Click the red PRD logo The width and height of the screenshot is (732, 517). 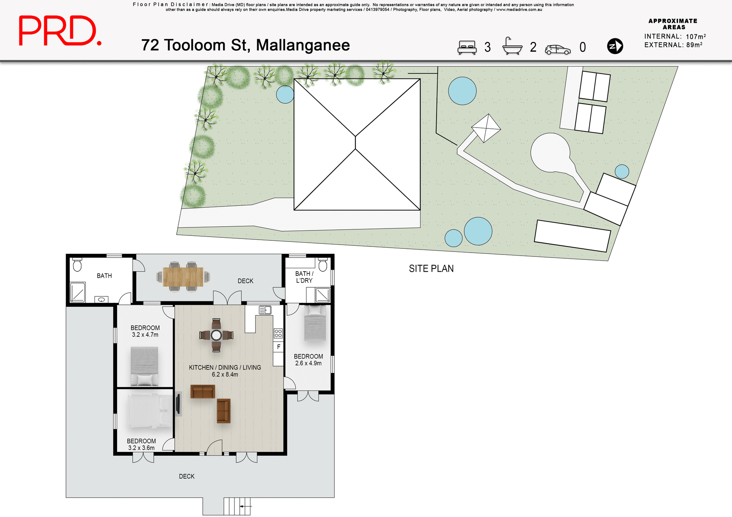60,31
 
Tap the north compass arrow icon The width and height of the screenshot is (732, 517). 615,46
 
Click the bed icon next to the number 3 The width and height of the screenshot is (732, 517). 467,47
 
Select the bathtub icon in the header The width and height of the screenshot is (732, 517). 512,46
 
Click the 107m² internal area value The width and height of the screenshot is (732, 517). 695,37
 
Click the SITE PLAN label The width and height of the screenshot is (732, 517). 431,269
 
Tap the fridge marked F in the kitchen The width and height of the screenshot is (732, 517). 278,347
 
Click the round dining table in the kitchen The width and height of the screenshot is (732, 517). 216,335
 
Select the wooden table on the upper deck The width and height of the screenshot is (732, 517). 183,277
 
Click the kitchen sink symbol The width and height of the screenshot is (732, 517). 265,310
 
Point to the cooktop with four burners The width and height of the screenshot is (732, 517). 278,333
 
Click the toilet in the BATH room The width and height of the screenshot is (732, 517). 77,265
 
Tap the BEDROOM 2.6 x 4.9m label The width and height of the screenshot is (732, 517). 308,360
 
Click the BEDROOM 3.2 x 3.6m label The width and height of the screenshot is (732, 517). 141,444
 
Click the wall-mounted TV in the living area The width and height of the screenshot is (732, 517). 178,404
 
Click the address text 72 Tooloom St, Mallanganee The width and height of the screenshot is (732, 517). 245,45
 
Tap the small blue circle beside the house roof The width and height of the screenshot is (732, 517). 285,94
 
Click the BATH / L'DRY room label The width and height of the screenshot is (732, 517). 304,277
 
